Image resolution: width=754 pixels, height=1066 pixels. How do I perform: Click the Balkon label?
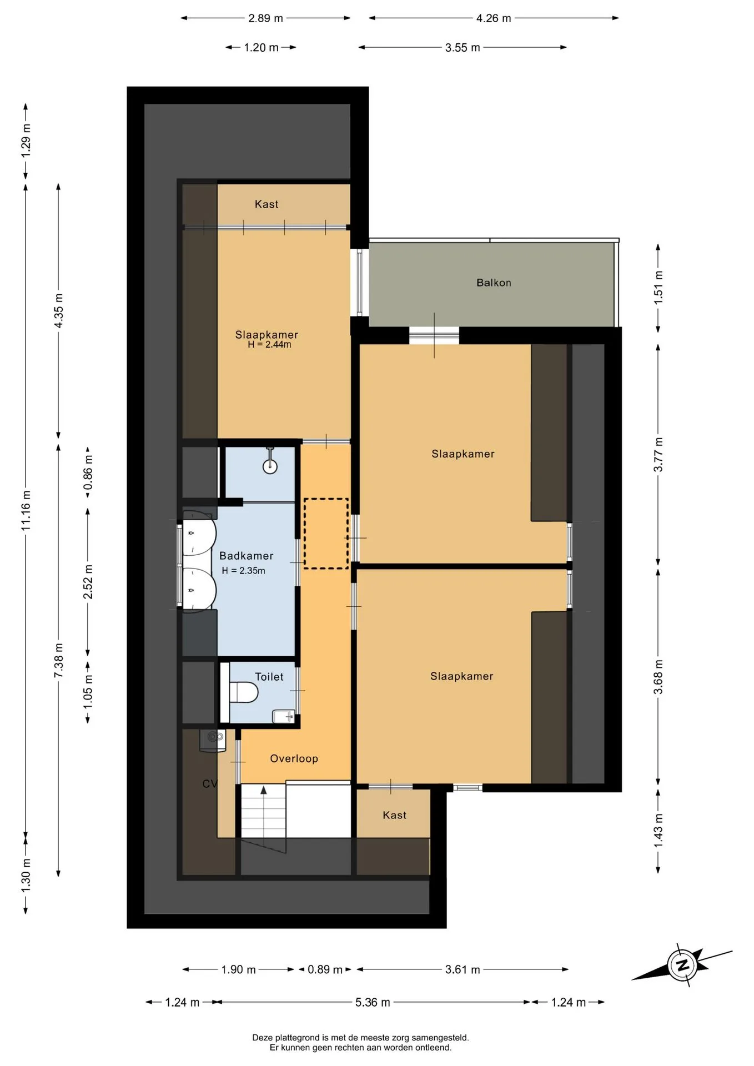pos(494,283)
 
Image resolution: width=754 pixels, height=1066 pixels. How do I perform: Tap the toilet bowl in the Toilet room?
pos(244,692)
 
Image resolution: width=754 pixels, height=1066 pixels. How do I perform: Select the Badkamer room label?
pos(246,556)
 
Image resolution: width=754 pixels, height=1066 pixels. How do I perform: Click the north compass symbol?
pos(682,964)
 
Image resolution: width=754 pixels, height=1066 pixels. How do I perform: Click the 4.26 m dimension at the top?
pos(494,18)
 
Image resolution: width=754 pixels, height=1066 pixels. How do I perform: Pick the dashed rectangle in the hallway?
pos(326,534)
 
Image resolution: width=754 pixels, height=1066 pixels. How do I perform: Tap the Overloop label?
pos(294,758)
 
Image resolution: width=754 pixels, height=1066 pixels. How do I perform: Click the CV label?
pos(210,783)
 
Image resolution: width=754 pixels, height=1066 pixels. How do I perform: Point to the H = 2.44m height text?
pos(269,345)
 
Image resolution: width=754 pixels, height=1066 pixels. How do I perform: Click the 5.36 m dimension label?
pos(373,1002)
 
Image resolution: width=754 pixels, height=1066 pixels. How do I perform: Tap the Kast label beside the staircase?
pos(394,815)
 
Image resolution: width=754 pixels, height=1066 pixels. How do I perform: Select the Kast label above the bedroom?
pos(267,204)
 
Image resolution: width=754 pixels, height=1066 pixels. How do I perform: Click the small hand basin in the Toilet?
pos(284,716)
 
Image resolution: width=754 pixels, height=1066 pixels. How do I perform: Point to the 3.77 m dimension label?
pos(658,455)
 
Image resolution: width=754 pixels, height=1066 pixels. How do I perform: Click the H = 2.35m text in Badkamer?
pos(243,571)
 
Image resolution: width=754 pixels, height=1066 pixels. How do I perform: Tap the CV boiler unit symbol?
pos(213,741)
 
